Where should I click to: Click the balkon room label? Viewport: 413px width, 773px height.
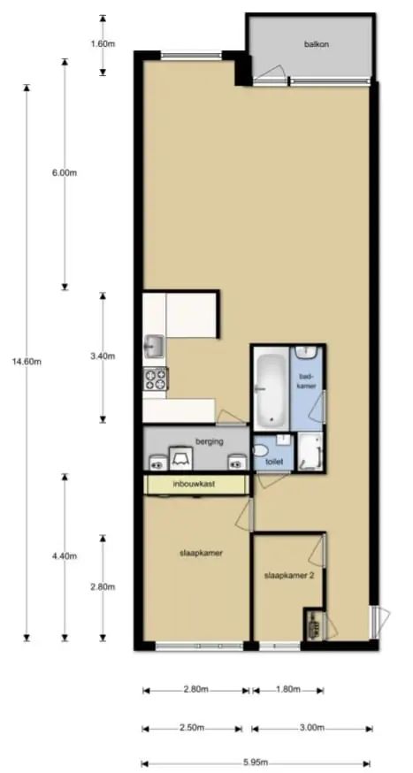pos(316,44)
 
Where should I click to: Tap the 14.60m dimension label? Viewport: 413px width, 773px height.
pos(27,362)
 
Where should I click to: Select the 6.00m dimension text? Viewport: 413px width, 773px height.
pos(65,173)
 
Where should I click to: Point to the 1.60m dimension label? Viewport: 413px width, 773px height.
pos(103,43)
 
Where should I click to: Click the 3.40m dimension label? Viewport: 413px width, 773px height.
pos(103,356)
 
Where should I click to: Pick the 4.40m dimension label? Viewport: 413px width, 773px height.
pos(65,556)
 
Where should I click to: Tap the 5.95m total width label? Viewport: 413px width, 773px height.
pos(256,761)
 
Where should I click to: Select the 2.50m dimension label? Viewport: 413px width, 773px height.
pos(192,728)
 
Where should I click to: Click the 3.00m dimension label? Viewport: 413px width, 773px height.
pos(311,728)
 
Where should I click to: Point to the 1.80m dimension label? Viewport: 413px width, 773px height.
pos(288,689)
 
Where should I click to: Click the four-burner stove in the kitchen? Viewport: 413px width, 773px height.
pos(156,379)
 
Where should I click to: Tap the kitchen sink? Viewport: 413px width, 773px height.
pos(155,346)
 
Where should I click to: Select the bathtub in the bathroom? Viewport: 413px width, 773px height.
pos(270,388)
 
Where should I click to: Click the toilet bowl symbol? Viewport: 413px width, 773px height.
pos(261,450)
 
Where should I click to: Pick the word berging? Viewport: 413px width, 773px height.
pos(209,441)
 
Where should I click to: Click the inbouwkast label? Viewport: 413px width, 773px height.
pos(194,484)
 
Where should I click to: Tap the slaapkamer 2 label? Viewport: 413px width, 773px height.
pos(289,575)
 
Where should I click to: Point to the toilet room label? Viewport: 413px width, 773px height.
pos(273,463)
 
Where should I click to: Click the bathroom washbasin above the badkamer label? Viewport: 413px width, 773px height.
pos(306,353)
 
